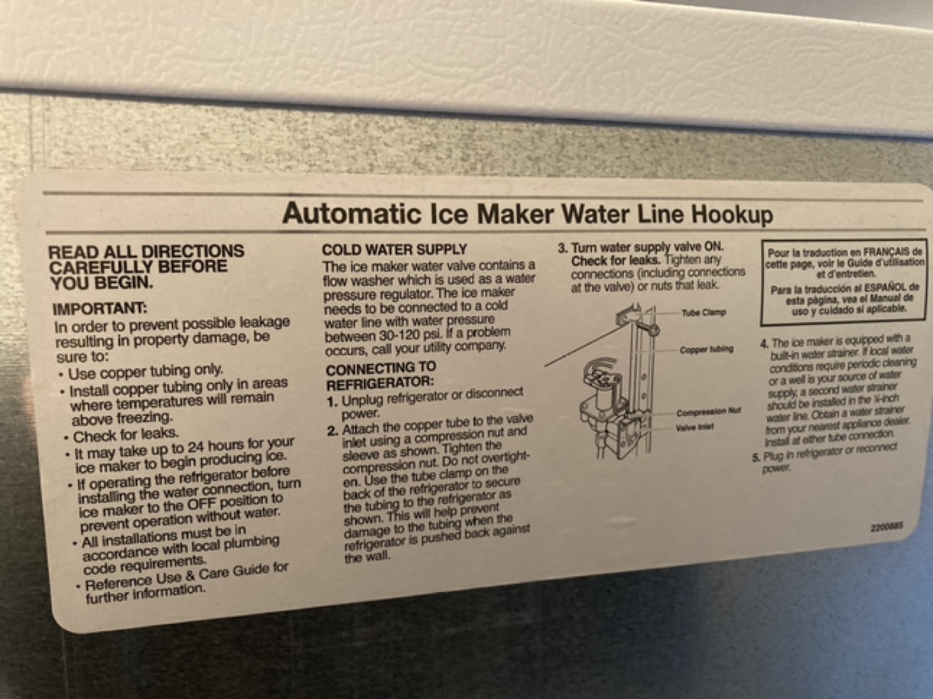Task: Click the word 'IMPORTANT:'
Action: pyautogui.click(x=100, y=308)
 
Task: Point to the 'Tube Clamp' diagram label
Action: pyautogui.click(x=703, y=313)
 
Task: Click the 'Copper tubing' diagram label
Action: pyautogui.click(x=706, y=350)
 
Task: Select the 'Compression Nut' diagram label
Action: pyautogui.click(x=708, y=412)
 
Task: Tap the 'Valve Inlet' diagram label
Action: pyautogui.click(x=694, y=428)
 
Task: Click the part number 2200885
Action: pyautogui.click(x=886, y=527)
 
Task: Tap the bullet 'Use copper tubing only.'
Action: pyautogui.click(x=145, y=372)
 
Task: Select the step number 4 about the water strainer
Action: pyautogui.click(x=764, y=343)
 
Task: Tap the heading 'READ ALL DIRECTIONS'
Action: pyautogui.click(x=146, y=252)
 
